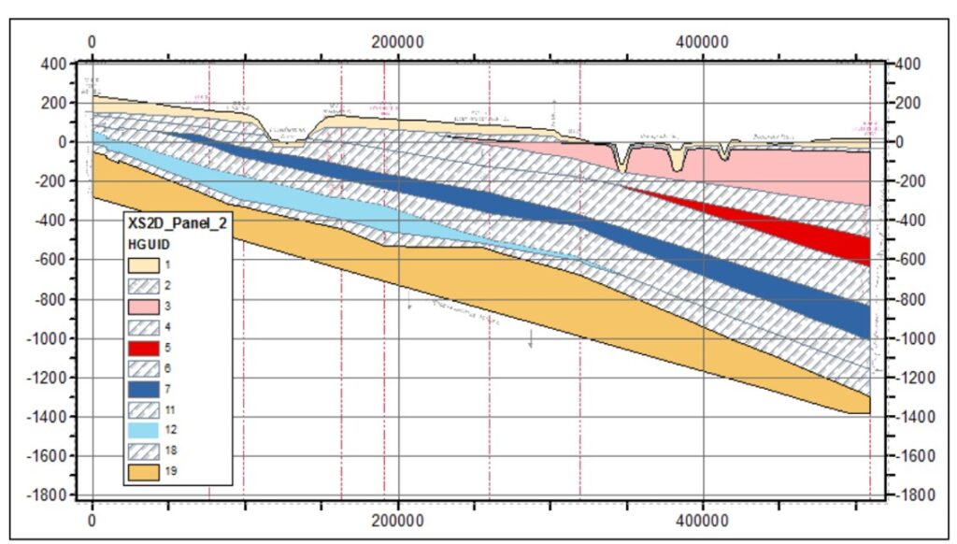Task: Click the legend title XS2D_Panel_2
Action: click(178, 222)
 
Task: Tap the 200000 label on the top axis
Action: click(398, 43)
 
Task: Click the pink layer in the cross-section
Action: click(794, 173)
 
